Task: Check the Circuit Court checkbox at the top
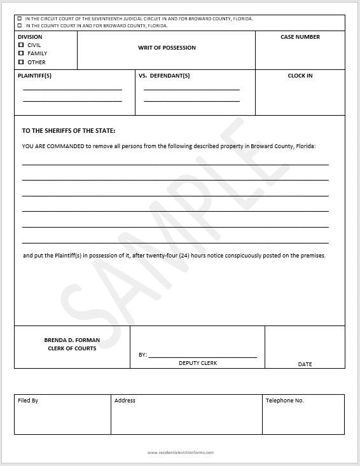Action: point(19,19)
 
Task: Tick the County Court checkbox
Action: point(19,26)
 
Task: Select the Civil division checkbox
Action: point(21,45)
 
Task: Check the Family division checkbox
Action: point(21,53)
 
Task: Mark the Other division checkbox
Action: point(21,62)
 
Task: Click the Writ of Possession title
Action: point(167,48)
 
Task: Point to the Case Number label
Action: point(300,37)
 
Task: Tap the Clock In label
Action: point(300,76)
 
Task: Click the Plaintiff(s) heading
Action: point(35,76)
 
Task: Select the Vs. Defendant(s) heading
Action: point(164,76)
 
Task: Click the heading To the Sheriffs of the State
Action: point(69,131)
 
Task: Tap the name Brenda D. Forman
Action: point(72,340)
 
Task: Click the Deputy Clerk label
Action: point(198,362)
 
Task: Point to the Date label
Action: point(305,364)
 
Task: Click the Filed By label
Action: point(28,401)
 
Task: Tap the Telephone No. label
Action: point(285,401)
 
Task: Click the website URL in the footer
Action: point(181,453)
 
